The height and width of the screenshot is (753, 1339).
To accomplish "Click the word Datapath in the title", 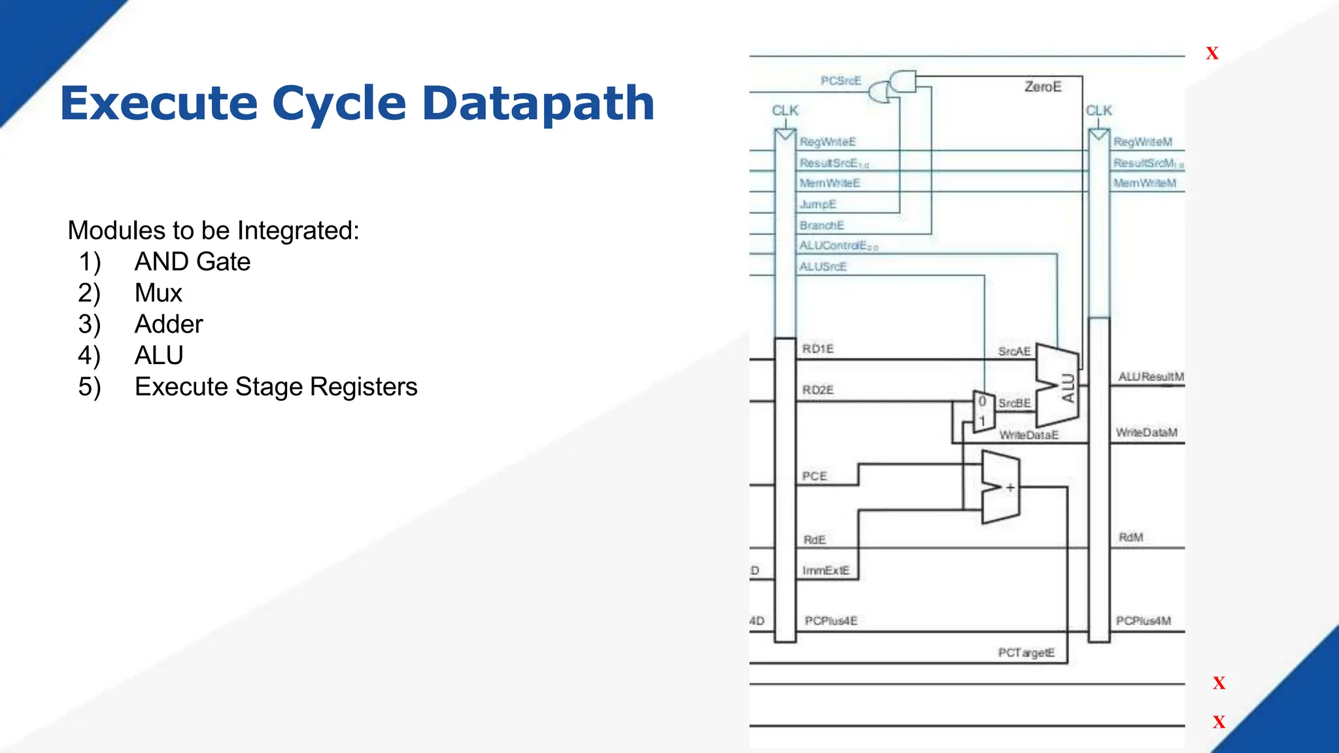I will (x=538, y=103).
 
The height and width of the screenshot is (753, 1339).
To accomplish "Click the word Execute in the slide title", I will (x=159, y=103).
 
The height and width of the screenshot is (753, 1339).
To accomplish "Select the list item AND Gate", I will (x=192, y=262).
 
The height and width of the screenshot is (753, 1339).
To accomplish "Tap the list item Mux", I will (x=158, y=293).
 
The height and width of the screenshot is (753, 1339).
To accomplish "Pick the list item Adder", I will (x=169, y=325).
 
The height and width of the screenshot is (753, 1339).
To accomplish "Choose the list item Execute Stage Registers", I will (x=276, y=387).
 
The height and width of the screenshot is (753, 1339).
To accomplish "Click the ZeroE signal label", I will (x=1043, y=87).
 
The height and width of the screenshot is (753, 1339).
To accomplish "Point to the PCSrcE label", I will (x=841, y=81).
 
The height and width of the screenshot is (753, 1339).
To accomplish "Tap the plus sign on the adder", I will (x=1010, y=488).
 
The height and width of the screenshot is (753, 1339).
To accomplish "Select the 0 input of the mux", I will (x=982, y=402).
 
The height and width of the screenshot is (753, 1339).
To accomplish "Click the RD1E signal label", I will (x=818, y=349).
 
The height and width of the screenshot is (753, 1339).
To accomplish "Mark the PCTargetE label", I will (x=1026, y=653).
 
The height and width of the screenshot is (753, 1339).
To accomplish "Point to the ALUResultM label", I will (x=1151, y=377).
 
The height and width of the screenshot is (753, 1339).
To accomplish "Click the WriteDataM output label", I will (x=1147, y=433).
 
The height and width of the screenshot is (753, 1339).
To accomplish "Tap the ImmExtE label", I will (x=826, y=571).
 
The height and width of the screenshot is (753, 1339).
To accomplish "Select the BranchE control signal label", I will (x=822, y=226).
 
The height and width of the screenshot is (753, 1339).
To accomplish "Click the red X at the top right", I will (x=1212, y=54).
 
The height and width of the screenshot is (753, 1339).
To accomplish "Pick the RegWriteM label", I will (x=1143, y=142).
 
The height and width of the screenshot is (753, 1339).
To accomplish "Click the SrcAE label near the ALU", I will (x=1014, y=352).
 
